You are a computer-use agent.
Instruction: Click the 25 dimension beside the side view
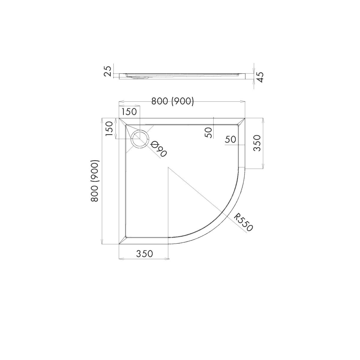pyautogui.click(x=108, y=71)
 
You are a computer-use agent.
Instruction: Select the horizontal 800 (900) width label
pyautogui.click(x=172, y=101)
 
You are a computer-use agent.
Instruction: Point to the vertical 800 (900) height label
pyautogui.click(x=95, y=181)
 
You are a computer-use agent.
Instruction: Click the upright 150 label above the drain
pyautogui.click(x=129, y=112)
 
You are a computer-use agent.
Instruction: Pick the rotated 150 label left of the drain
pyautogui.click(x=109, y=129)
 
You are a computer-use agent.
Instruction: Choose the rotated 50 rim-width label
pyautogui.click(x=209, y=133)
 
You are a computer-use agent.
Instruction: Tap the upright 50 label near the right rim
pyautogui.click(x=230, y=139)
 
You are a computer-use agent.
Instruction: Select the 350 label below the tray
pyautogui.click(x=145, y=254)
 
